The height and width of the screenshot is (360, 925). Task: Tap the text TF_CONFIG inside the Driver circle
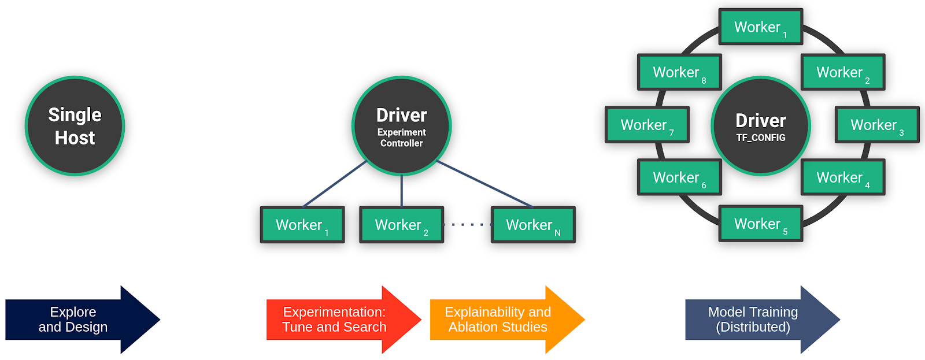tap(761, 138)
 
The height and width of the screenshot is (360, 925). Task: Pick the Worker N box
tap(533, 225)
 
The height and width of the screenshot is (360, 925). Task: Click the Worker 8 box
tap(679, 72)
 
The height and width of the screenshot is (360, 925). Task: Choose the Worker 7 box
tap(647, 125)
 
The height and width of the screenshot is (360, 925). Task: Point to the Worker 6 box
tap(679, 177)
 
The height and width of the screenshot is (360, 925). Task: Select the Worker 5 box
tap(761, 224)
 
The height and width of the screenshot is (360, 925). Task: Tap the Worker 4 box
tap(843, 177)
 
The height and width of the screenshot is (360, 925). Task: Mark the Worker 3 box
tap(877, 125)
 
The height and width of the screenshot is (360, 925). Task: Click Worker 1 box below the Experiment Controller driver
tap(302, 225)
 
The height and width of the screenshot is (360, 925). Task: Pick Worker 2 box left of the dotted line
tap(401, 225)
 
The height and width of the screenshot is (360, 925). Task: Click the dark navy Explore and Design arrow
tap(81, 320)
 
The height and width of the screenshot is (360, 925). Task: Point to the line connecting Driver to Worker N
tap(484, 184)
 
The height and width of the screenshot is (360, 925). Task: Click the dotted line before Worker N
tap(467, 224)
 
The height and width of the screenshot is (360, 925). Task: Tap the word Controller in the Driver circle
tap(401, 143)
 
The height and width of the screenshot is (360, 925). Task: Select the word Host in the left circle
tap(75, 138)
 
